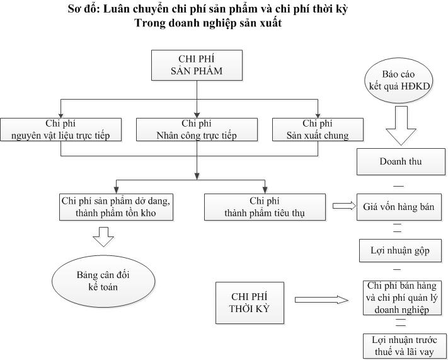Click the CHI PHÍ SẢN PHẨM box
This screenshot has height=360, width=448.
point(197,65)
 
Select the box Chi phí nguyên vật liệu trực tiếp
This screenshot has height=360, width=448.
point(60,129)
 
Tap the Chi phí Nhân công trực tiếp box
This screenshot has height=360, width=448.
point(197,129)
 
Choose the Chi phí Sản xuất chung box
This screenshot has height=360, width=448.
point(318,129)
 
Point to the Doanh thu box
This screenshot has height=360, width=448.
point(401,161)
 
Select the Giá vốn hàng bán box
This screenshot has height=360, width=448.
point(398,206)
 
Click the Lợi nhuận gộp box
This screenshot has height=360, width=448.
point(400,250)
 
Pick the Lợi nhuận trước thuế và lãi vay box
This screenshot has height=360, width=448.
point(401,345)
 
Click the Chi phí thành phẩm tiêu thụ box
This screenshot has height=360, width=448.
point(264,207)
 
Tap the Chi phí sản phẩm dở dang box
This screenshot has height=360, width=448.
point(116,207)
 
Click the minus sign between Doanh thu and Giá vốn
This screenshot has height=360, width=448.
point(398,185)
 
